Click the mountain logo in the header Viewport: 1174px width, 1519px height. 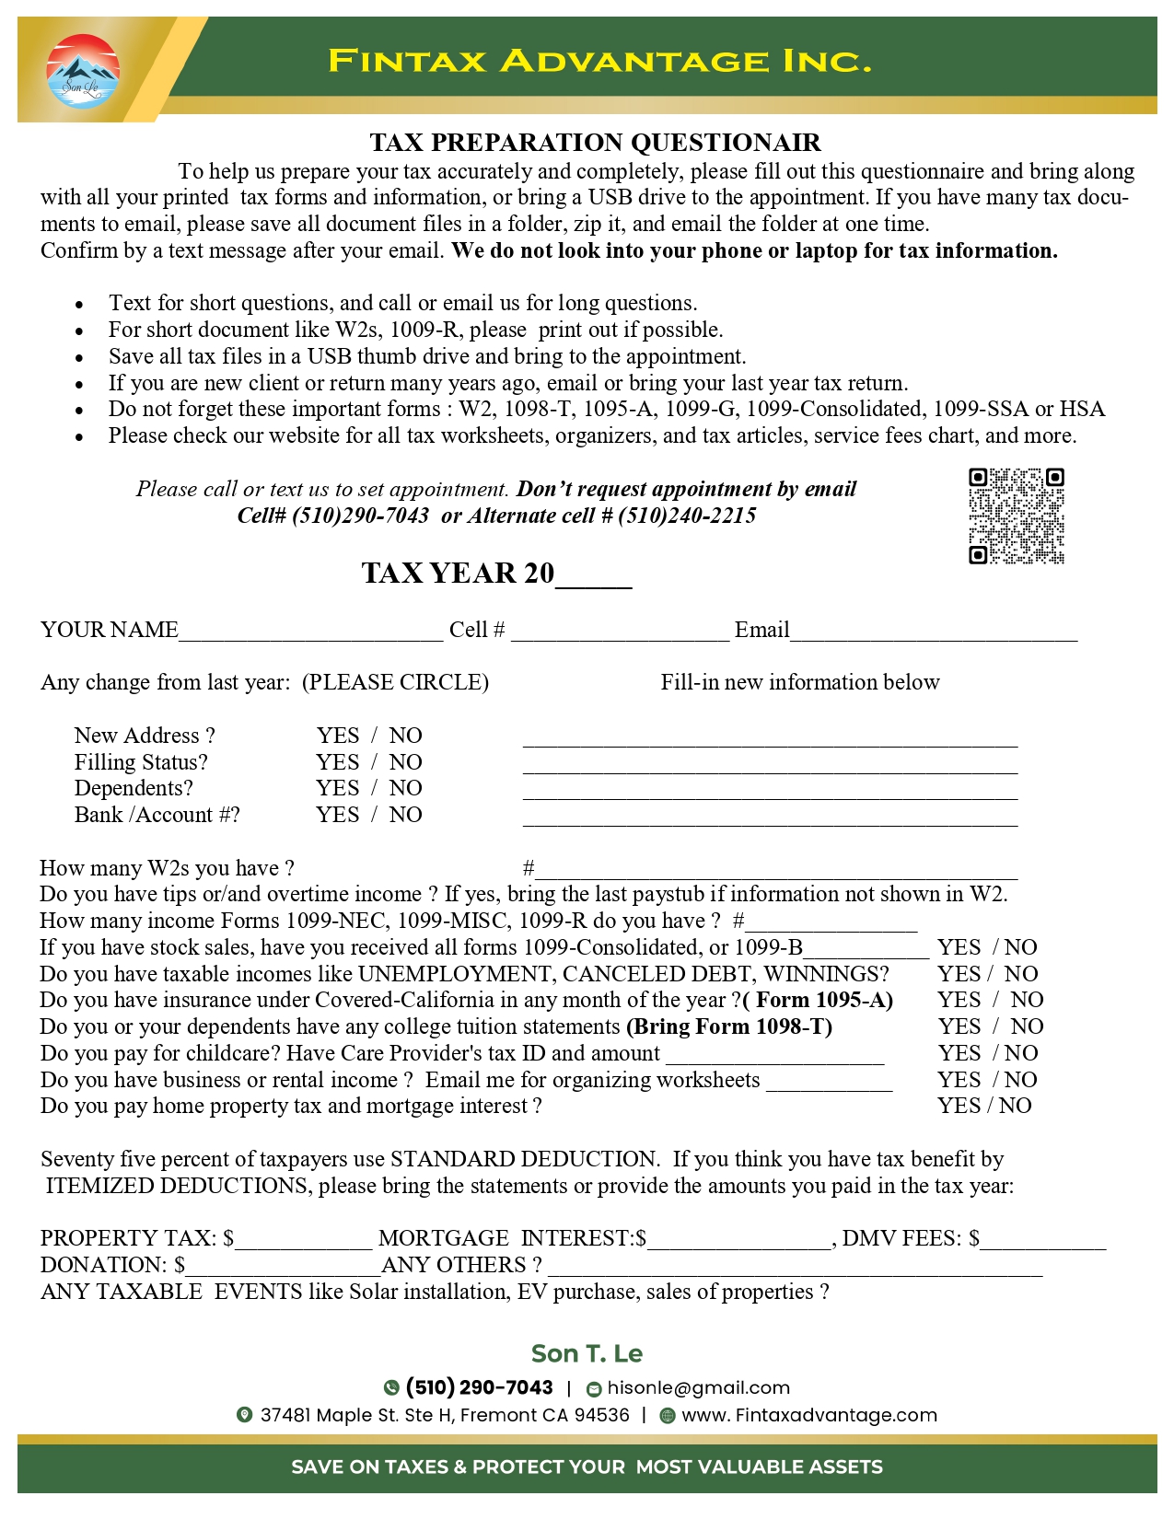pyautogui.click(x=83, y=71)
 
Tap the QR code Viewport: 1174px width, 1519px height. pyautogui.click(x=1016, y=516)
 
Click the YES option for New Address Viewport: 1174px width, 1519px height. pyautogui.click(x=338, y=736)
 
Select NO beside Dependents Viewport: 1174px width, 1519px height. pyautogui.click(x=405, y=788)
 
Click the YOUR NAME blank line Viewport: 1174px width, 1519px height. pyautogui.click(x=311, y=632)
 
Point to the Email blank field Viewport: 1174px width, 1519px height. pyautogui.click(x=934, y=632)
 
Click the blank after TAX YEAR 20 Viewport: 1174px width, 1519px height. pyautogui.click(x=594, y=576)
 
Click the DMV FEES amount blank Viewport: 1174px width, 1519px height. pyautogui.click(x=1043, y=1240)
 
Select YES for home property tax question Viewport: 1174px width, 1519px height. pyautogui.click(x=959, y=1106)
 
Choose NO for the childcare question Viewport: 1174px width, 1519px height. pyautogui.click(x=1021, y=1053)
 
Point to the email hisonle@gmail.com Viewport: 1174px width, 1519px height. pyautogui.click(x=698, y=1388)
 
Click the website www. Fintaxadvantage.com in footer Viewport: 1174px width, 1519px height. pyautogui.click(x=808, y=1416)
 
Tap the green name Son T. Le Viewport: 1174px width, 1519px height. pyautogui.click(x=587, y=1353)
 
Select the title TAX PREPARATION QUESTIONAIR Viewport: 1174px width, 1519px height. pyautogui.click(x=595, y=143)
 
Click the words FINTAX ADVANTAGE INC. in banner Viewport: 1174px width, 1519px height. pyautogui.click(x=599, y=62)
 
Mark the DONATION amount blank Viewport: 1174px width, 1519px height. pyautogui.click(x=283, y=1267)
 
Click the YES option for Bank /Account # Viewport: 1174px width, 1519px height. pyautogui.click(x=338, y=815)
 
